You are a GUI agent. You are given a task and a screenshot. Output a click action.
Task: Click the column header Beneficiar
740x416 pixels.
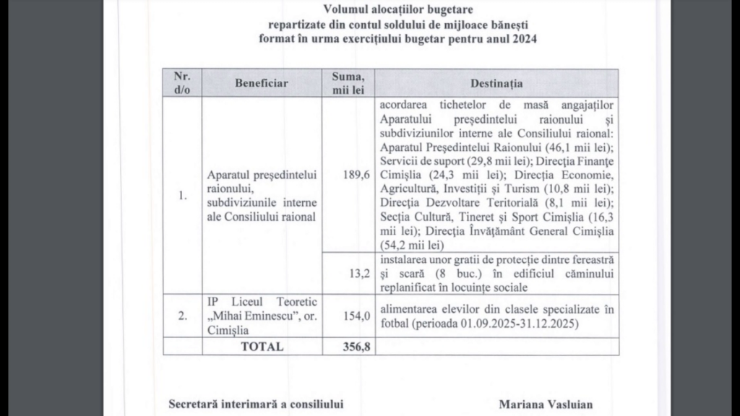[261, 83]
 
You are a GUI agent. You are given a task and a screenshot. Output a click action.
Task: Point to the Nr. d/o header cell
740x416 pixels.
[180, 83]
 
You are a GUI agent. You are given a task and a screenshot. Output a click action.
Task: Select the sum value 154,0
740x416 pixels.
[350, 316]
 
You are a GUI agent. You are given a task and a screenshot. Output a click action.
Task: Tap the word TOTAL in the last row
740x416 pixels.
[262, 346]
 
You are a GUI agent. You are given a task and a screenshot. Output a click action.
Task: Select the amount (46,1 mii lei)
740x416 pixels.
[577, 147]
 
